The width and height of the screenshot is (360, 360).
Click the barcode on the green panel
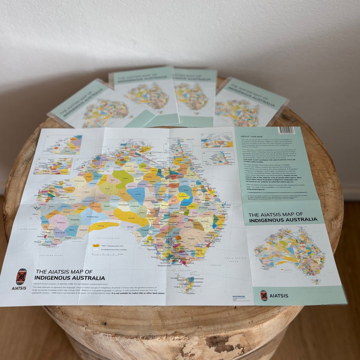pos(286,130)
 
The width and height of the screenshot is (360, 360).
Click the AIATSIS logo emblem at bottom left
pos(21,277)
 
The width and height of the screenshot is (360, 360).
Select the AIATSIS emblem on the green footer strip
pos(264,295)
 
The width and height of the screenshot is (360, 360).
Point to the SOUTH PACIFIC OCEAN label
pos(235,260)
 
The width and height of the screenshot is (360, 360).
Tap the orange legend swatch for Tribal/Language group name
pos(96,246)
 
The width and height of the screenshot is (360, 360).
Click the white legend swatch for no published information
pos(96,250)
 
